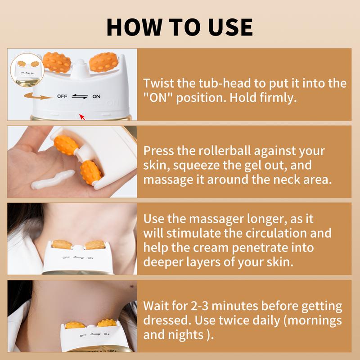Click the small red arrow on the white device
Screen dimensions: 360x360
pos(81,117)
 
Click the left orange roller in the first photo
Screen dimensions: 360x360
pos(57,63)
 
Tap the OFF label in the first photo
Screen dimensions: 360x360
pos(62,96)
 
